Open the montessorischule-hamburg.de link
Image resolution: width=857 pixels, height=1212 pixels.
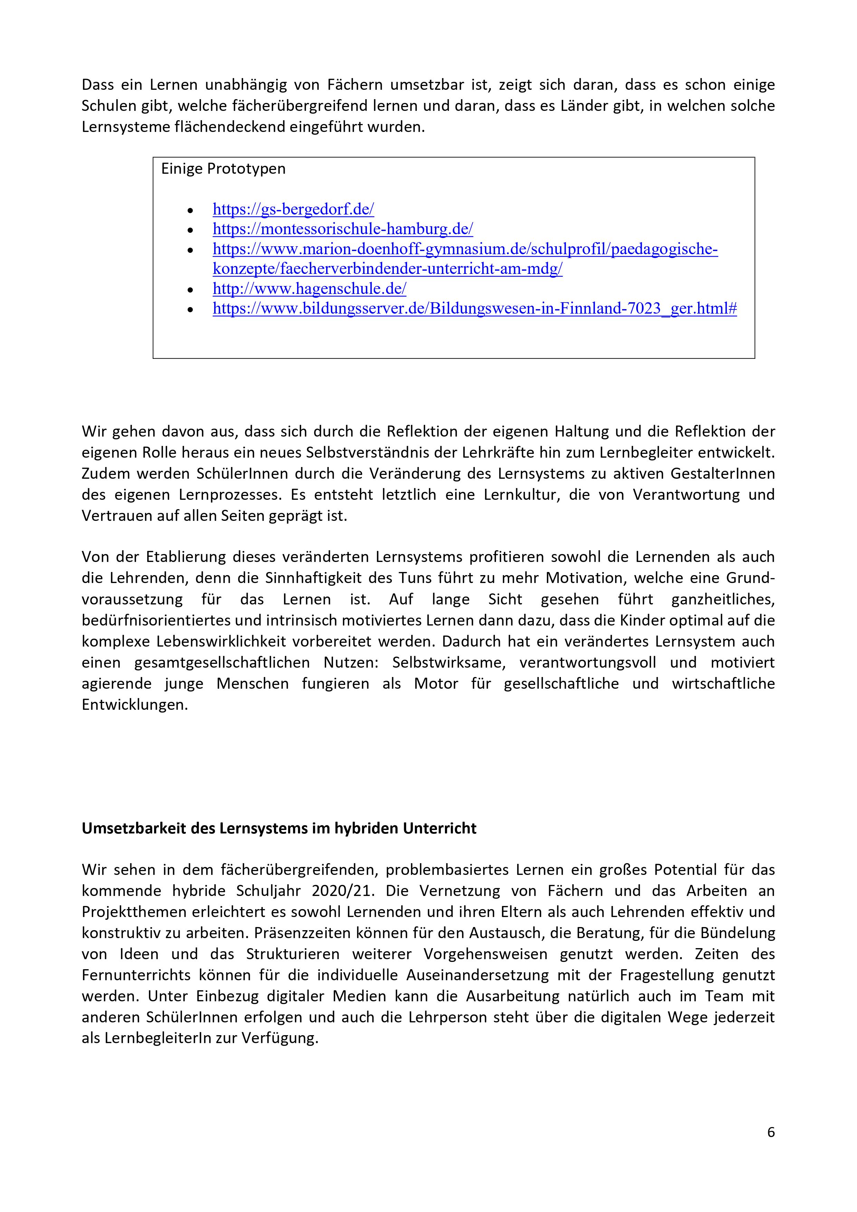coord(343,229)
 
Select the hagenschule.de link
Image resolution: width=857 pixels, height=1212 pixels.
coord(310,289)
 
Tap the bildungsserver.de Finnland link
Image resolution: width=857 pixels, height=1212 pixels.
coord(474,309)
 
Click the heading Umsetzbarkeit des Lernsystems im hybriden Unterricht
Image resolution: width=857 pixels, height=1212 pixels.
coord(279,828)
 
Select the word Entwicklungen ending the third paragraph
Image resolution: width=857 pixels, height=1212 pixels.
coord(135,705)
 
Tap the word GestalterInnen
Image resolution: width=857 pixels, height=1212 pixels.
coord(722,474)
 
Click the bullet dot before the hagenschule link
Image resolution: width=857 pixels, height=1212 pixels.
coord(191,290)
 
